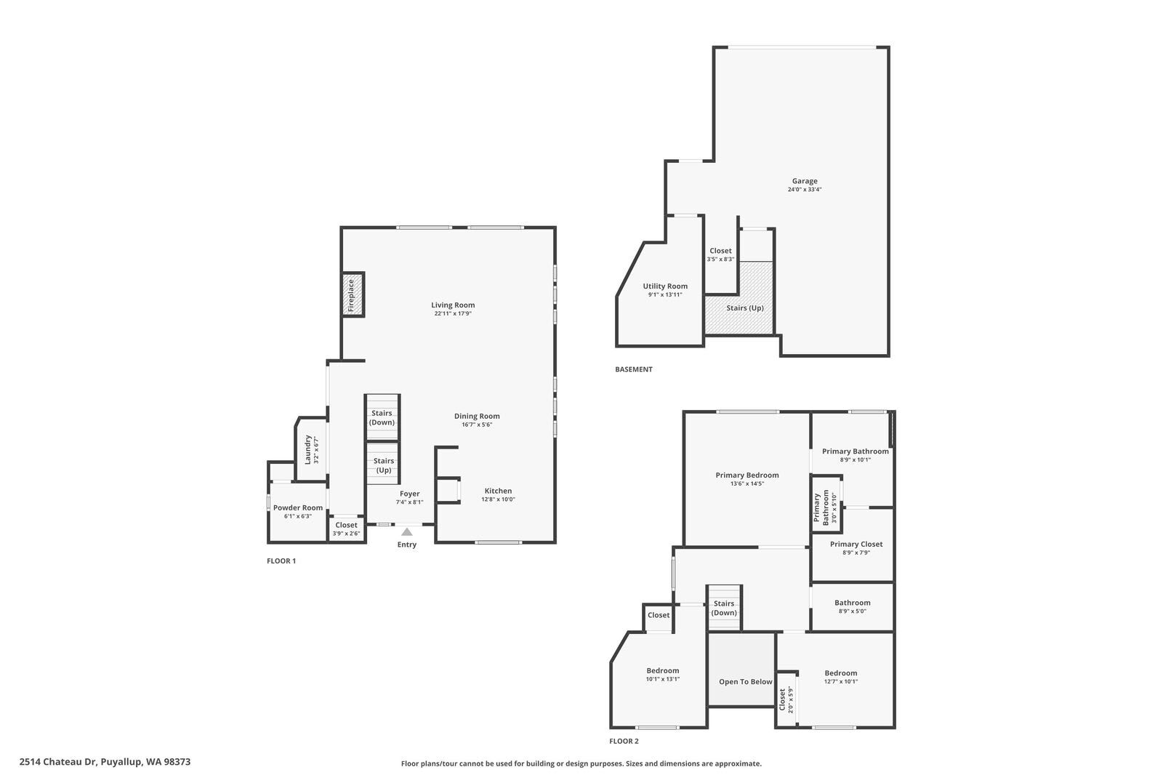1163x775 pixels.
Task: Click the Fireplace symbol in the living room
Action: [353, 294]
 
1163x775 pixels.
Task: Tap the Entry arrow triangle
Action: [407, 532]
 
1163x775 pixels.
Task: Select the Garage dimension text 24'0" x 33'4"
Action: [804, 190]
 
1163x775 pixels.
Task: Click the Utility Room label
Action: [665, 286]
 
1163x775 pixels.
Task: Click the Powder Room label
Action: [298, 507]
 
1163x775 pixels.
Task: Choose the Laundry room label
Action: [308, 449]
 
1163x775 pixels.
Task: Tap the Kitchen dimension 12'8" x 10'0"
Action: [498, 499]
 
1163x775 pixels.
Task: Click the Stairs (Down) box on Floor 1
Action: [382, 417]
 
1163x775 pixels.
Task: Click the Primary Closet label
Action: [856, 544]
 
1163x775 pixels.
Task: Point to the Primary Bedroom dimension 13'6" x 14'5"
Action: [747, 483]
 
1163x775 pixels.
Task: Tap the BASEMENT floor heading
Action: [634, 369]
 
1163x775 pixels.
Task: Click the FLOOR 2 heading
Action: [624, 742]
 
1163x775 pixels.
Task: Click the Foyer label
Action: [409, 494]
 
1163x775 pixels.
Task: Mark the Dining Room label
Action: [477, 416]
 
